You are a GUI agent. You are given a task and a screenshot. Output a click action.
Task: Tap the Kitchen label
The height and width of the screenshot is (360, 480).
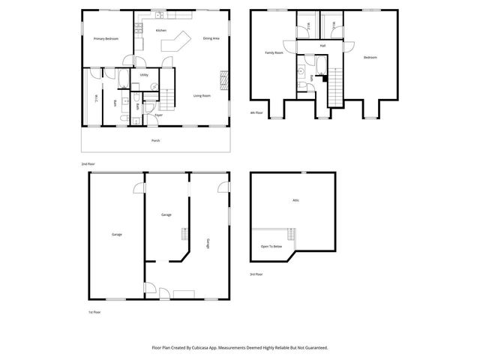pyautogui.click(x=160, y=30)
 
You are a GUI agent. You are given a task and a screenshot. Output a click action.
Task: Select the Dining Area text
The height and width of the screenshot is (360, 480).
pyautogui.click(x=211, y=38)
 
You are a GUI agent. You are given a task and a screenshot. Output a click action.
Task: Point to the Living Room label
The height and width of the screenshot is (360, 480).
pyautogui.click(x=202, y=95)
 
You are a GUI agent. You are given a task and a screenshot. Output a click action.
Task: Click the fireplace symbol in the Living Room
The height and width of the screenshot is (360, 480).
pyautogui.click(x=223, y=79)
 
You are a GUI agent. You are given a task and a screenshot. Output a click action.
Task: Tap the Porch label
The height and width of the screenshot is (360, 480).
pyautogui.click(x=155, y=140)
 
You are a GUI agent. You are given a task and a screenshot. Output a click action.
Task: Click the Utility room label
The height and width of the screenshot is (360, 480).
pyautogui.click(x=144, y=75)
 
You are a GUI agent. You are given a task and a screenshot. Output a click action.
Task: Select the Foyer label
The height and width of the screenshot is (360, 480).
pyautogui.click(x=158, y=115)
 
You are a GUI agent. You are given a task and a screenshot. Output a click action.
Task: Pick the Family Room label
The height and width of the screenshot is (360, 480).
pyautogui.click(x=274, y=52)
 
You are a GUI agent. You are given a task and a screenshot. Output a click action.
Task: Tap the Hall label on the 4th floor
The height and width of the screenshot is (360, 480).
pyautogui.click(x=322, y=46)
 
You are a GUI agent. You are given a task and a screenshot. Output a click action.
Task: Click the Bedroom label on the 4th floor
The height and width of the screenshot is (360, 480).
pyautogui.click(x=370, y=58)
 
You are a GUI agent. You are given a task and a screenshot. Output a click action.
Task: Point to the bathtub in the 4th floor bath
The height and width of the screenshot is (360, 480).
pyautogui.click(x=319, y=73)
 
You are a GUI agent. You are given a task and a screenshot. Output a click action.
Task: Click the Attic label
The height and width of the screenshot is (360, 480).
pyautogui.click(x=296, y=200)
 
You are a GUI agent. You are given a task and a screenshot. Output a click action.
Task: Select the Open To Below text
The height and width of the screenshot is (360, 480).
pyautogui.click(x=271, y=247)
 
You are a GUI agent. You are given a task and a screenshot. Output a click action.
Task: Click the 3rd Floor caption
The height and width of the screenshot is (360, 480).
pyautogui.click(x=256, y=274)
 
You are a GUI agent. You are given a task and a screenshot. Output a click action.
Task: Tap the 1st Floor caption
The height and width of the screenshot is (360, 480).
pyautogui.click(x=94, y=311)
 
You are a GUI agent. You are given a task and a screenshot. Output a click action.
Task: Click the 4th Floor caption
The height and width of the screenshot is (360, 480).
pyautogui.click(x=256, y=112)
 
